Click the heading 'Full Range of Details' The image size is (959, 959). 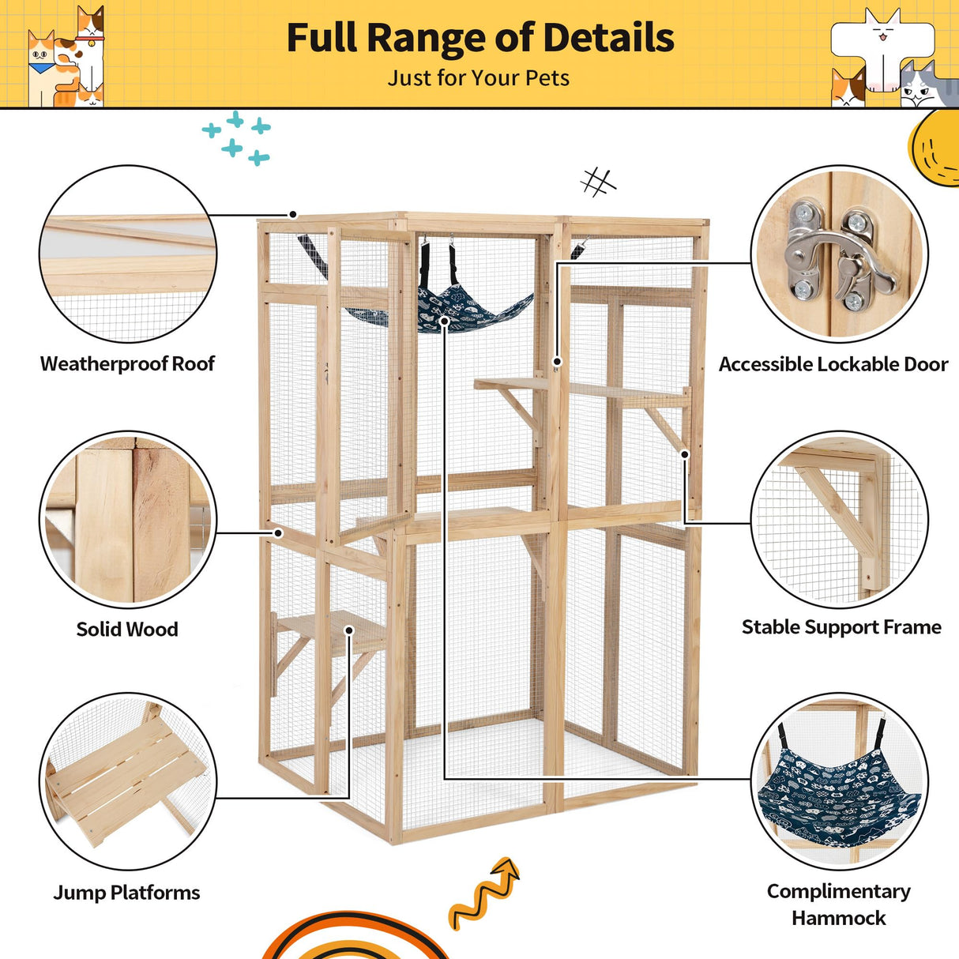point(479,38)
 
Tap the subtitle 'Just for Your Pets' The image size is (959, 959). point(478,78)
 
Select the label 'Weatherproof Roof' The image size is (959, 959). point(127,363)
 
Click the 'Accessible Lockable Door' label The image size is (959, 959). point(833,364)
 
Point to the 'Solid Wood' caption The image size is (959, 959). point(127,630)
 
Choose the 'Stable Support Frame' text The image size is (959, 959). point(841,627)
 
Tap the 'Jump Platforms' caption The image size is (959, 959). point(126,893)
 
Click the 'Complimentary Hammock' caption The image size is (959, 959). point(839,904)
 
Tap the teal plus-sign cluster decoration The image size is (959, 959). point(236,139)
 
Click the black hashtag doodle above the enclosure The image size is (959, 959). point(598,182)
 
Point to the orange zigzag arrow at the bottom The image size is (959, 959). point(483,893)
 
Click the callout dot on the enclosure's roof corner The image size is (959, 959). point(292,215)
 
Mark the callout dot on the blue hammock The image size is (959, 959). point(445,321)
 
